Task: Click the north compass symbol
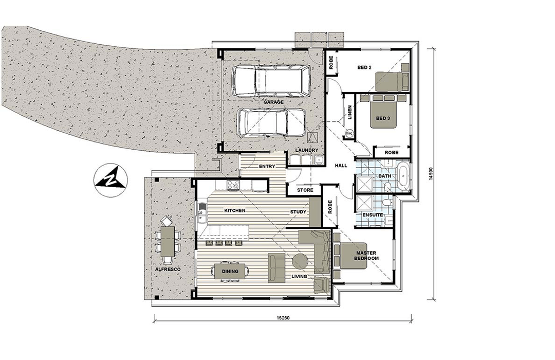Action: click(110, 178)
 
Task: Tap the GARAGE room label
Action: click(274, 102)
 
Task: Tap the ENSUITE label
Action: click(373, 215)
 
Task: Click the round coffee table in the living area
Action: click(300, 262)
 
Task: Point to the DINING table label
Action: click(229, 271)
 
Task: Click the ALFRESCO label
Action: click(166, 269)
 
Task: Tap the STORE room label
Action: click(305, 190)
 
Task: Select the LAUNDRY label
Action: click(305, 150)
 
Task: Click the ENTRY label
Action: click(267, 166)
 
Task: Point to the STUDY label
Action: click(298, 211)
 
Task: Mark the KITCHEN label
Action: click(234, 210)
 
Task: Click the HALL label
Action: click(341, 166)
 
